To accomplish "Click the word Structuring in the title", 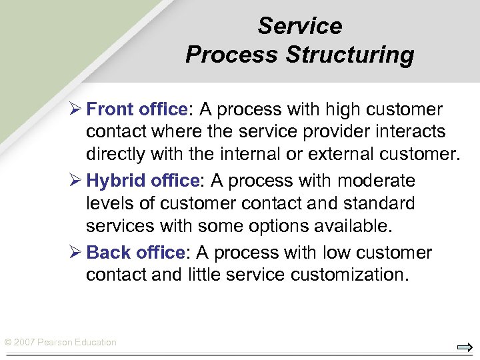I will (x=350, y=55).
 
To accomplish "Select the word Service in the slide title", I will (x=299, y=26).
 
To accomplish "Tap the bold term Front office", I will (x=136, y=109).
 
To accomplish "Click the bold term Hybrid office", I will (x=143, y=181).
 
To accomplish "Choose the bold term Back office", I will (x=135, y=253).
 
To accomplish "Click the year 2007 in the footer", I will (x=23, y=343).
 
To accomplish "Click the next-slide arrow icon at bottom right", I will (x=464, y=347).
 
